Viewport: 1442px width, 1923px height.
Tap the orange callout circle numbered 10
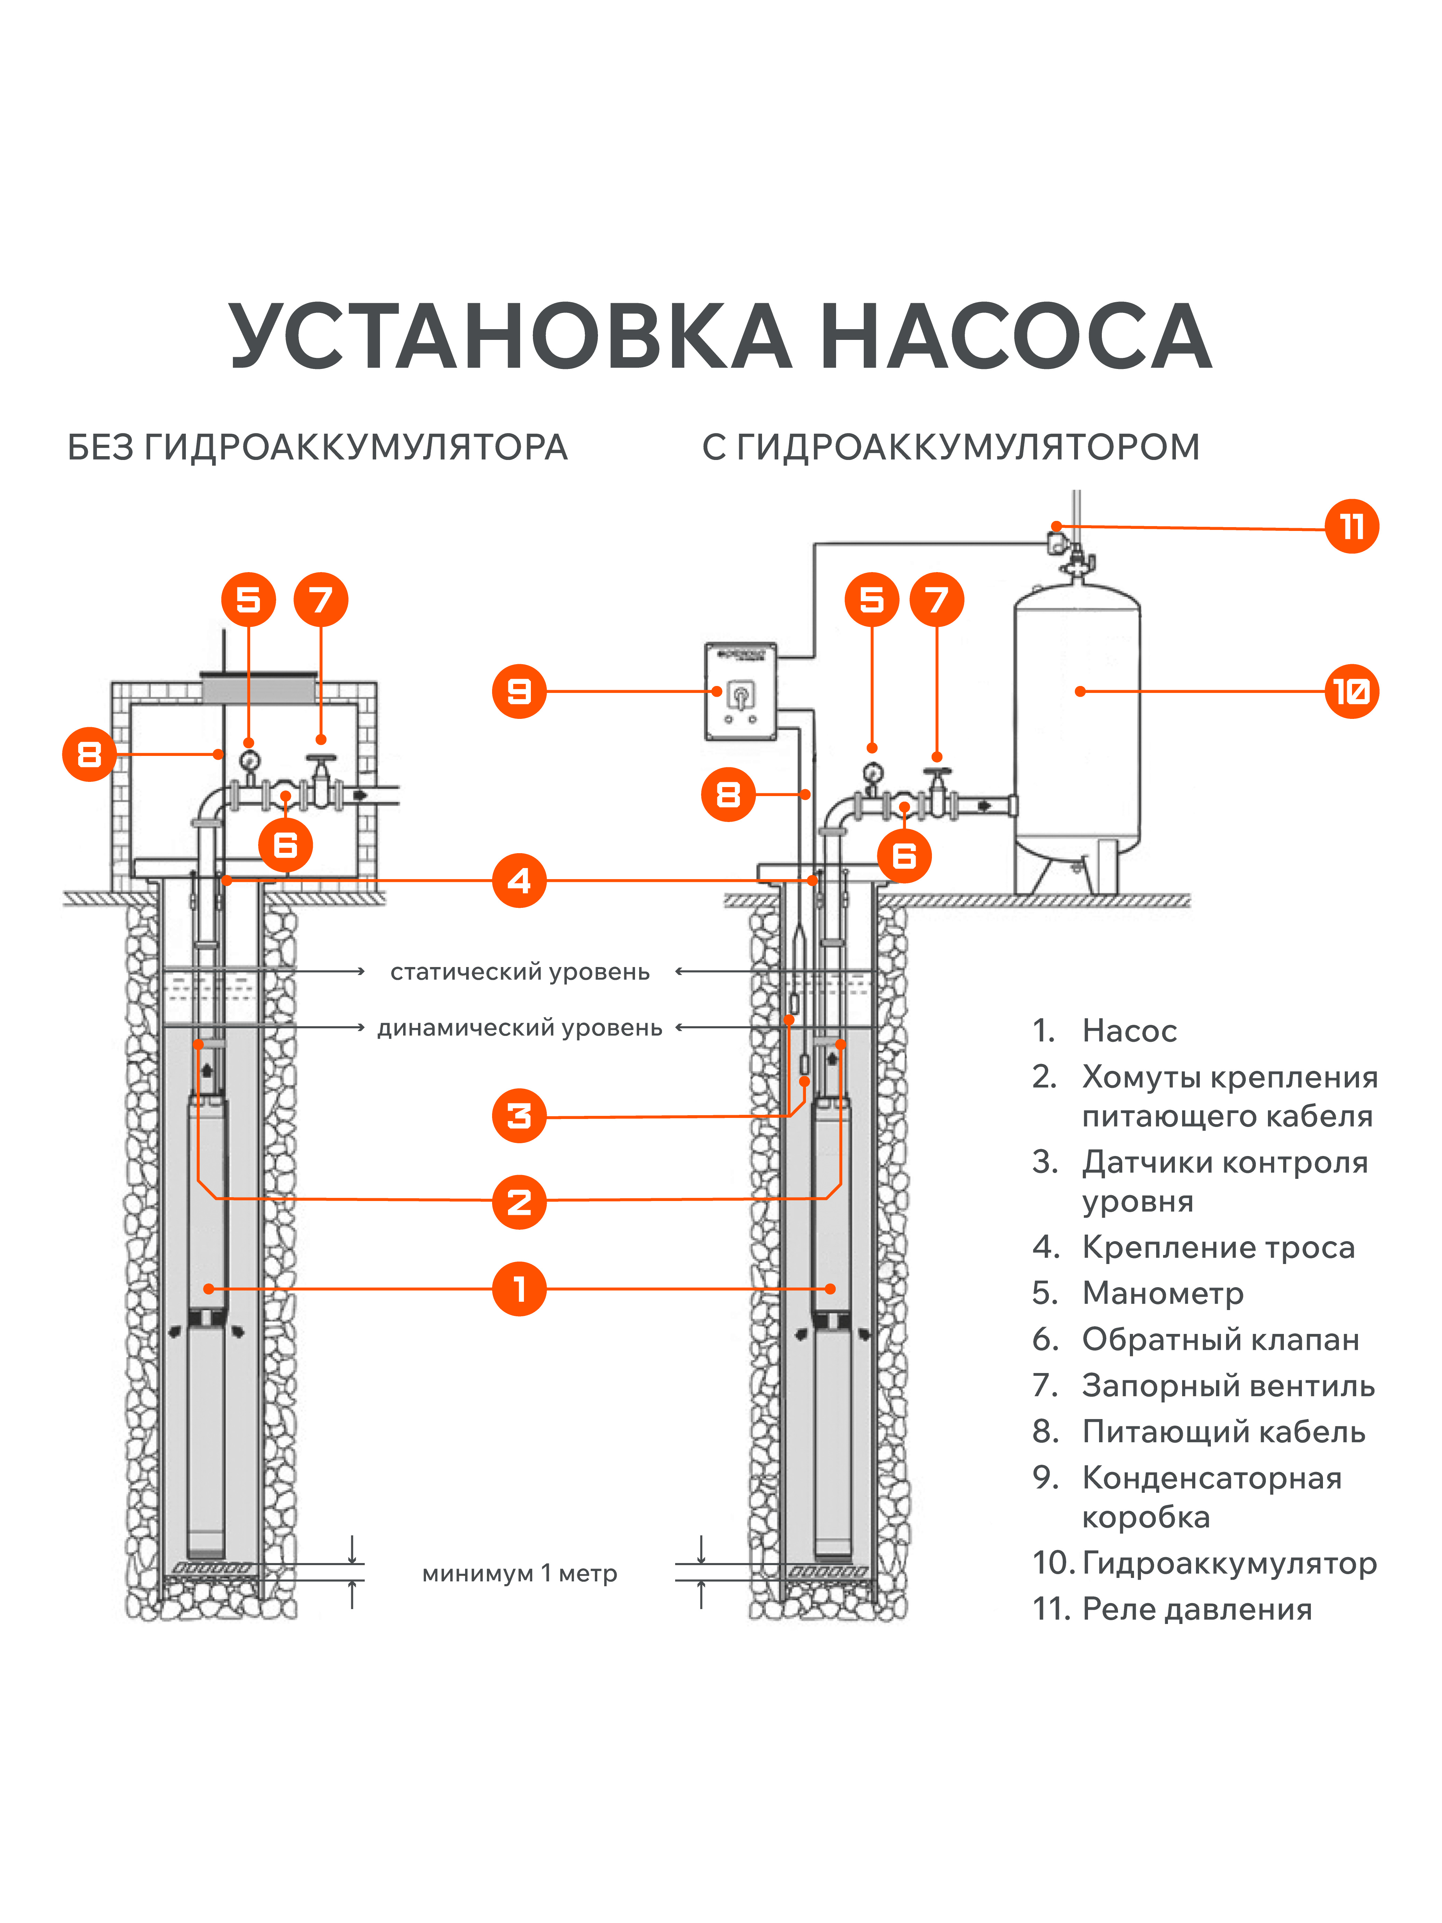click(x=1351, y=691)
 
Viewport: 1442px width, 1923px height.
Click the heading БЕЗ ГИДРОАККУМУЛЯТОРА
click(x=317, y=448)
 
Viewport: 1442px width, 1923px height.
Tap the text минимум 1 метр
click(x=520, y=1573)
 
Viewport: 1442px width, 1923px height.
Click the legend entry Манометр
click(x=1162, y=1293)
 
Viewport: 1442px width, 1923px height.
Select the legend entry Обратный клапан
click(x=1219, y=1340)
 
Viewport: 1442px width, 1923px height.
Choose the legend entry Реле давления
click(x=1196, y=1609)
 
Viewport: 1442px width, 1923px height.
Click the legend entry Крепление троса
click(x=1218, y=1247)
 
